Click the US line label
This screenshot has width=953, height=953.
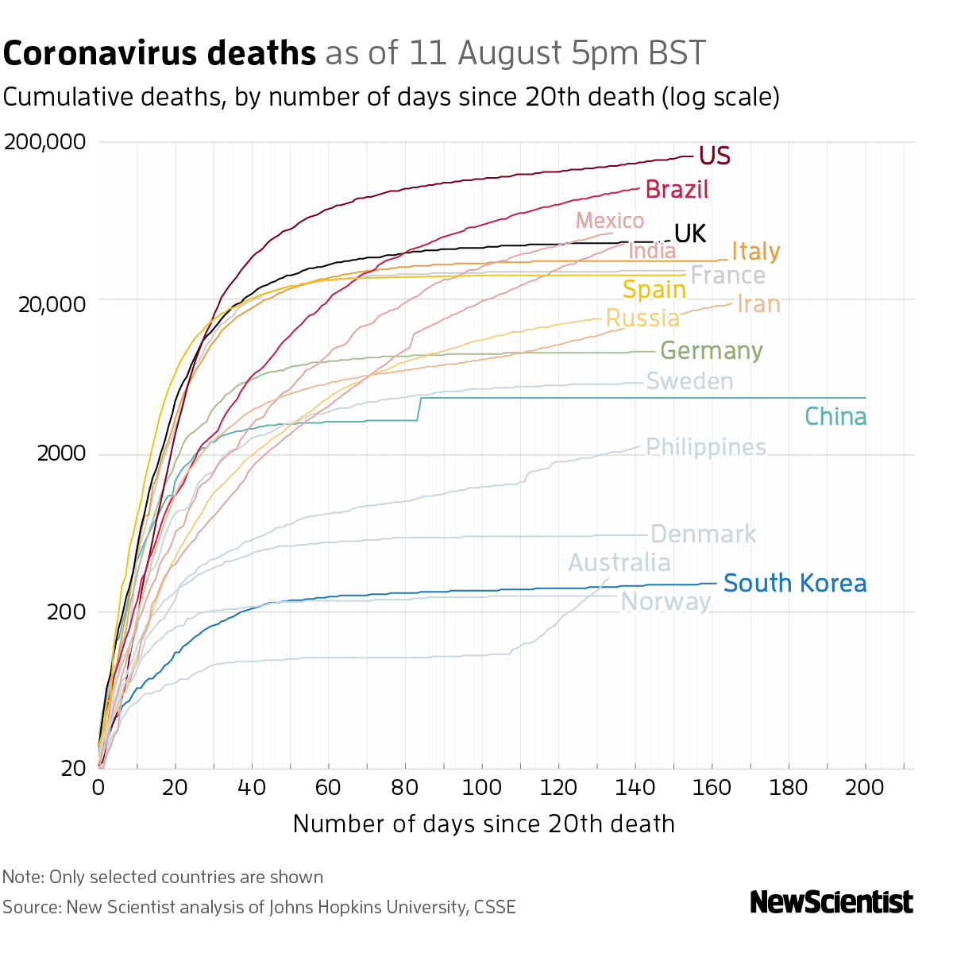click(x=714, y=156)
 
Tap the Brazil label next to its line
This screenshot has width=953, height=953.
click(x=677, y=189)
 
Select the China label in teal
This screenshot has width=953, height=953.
click(x=835, y=416)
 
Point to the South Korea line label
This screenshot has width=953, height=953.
click(x=794, y=583)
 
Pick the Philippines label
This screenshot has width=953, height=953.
click(x=706, y=447)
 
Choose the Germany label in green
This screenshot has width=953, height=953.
click(x=711, y=351)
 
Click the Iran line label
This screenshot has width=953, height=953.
click(x=758, y=303)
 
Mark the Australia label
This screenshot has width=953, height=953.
click(x=619, y=562)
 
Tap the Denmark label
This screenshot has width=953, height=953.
click(x=703, y=534)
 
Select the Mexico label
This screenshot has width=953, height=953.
click(x=609, y=220)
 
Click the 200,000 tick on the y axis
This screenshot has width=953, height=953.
click(x=44, y=142)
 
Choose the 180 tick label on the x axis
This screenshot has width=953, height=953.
click(x=789, y=787)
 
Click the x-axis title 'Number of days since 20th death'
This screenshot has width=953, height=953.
click(x=484, y=824)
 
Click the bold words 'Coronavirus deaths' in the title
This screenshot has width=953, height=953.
click(x=160, y=53)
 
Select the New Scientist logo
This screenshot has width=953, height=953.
click(x=831, y=902)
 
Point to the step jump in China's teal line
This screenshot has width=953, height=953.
click(x=419, y=408)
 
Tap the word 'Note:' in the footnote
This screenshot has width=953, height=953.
click(x=23, y=877)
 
